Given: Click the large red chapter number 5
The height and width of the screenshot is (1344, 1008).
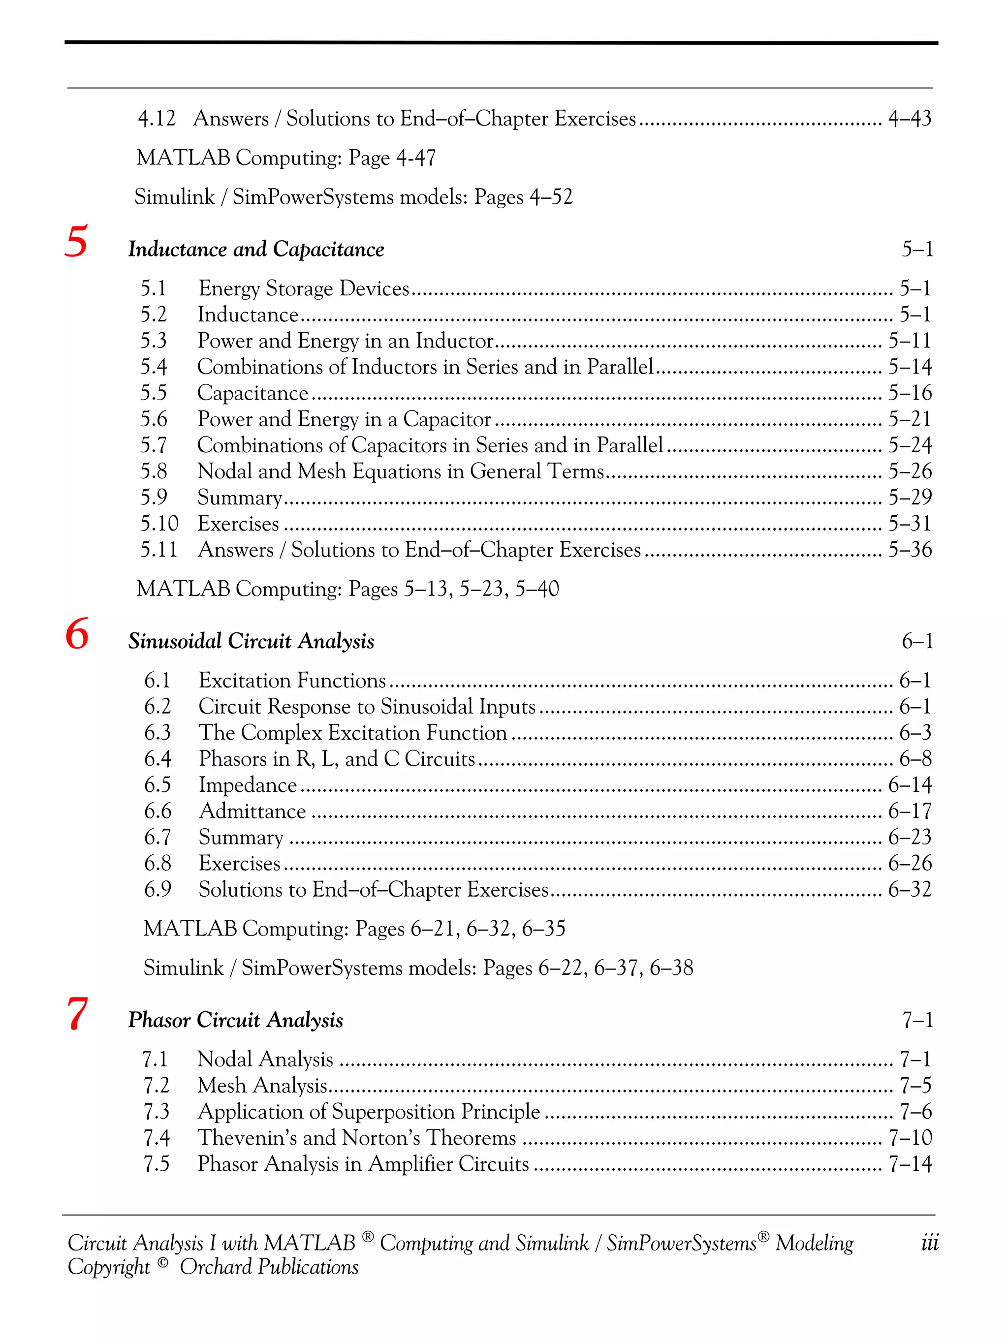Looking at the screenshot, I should click(x=76, y=242).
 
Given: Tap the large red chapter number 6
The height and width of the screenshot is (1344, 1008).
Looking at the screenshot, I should click(x=77, y=634).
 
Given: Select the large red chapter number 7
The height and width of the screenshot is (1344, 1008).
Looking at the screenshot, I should click(x=77, y=1014).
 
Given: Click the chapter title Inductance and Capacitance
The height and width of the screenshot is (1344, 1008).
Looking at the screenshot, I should click(x=256, y=249).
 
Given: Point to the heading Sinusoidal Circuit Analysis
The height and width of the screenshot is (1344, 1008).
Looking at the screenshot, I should click(x=251, y=641).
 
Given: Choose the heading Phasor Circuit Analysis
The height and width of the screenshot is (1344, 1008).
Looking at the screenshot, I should click(x=235, y=1020).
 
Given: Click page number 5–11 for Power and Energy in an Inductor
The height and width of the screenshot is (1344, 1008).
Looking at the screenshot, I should click(x=910, y=341).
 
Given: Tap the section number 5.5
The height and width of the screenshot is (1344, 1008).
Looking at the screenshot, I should click(x=154, y=393).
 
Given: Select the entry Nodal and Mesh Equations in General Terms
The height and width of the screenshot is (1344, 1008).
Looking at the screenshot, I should click(x=401, y=471).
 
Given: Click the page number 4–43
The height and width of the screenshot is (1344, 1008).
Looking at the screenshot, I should click(x=910, y=119).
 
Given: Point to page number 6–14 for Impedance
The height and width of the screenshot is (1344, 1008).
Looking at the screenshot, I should click(x=910, y=785).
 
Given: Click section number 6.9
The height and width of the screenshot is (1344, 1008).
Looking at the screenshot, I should click(x=157, y=889).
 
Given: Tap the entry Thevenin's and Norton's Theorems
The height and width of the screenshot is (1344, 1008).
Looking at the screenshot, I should click(x=357, y=1137).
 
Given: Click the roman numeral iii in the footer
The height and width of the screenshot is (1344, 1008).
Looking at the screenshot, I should click(x=930, y=1243).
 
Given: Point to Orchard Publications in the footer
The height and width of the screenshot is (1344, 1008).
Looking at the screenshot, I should click(x=269, y=1267).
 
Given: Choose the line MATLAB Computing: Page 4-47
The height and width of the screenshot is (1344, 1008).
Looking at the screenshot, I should click(x=286, y=158).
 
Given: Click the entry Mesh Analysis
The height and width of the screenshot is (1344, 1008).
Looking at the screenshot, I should click(x=262, y=1085).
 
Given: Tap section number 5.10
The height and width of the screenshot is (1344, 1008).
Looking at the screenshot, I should click(x=159, y=524).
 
